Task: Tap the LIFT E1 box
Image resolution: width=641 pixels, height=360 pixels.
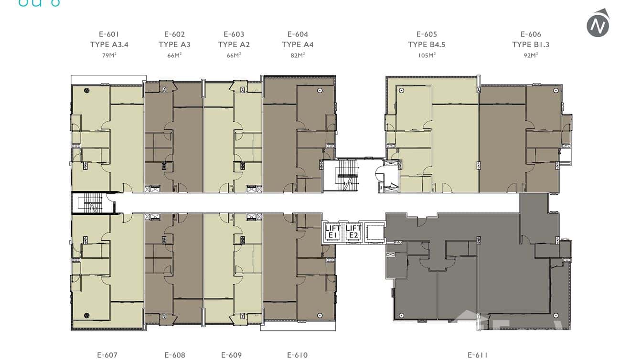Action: [333, 232]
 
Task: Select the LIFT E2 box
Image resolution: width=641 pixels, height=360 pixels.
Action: [353, 232]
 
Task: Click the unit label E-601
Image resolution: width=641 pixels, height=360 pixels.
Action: [109, 34]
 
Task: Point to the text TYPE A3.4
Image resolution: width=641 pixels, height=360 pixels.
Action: [109, 44]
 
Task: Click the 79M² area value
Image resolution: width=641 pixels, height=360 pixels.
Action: [109, 55]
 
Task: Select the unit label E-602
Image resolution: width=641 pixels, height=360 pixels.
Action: [174, 34]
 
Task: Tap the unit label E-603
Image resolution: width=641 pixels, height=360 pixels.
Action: [234, 34]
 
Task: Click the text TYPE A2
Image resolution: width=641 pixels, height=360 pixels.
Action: [234, 44]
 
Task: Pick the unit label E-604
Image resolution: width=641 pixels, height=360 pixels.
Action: [298, 34]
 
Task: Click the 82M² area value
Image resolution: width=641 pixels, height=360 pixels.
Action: [298, 55]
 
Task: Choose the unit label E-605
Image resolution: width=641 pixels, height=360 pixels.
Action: [427, 34]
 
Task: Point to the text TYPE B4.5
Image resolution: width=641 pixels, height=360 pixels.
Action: [427, 44]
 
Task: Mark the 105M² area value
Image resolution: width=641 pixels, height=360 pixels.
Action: [427, 55]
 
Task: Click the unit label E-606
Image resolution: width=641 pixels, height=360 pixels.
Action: [531, 34]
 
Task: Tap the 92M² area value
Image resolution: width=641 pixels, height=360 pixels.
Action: [531, 55]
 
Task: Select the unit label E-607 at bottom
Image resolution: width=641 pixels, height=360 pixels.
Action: [107, 355]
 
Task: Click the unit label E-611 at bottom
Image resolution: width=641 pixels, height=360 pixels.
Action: [478, 355]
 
